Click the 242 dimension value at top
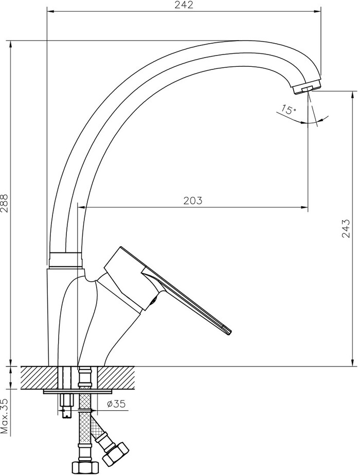pyautogui.click(x=184, y=5)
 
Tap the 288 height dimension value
pyautogui.click(x=6, y=203)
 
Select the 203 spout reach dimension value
pyautogui.click(x=193, y=200)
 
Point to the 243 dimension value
pyautogui.click(x=346, y=228)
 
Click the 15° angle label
pyautogui.click(x=288, y=109)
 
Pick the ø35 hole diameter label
pyautogui.click(x=116, y=404)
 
